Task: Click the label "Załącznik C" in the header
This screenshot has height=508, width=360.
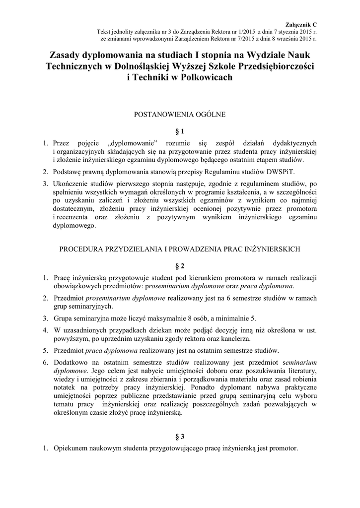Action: (301, 24)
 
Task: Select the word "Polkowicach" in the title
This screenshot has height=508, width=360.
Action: (205, 78)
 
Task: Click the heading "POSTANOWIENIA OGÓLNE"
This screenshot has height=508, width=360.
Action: (180, 115)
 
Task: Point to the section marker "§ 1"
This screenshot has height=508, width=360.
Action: (180, 131)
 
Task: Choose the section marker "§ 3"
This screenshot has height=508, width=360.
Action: (180, 437)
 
